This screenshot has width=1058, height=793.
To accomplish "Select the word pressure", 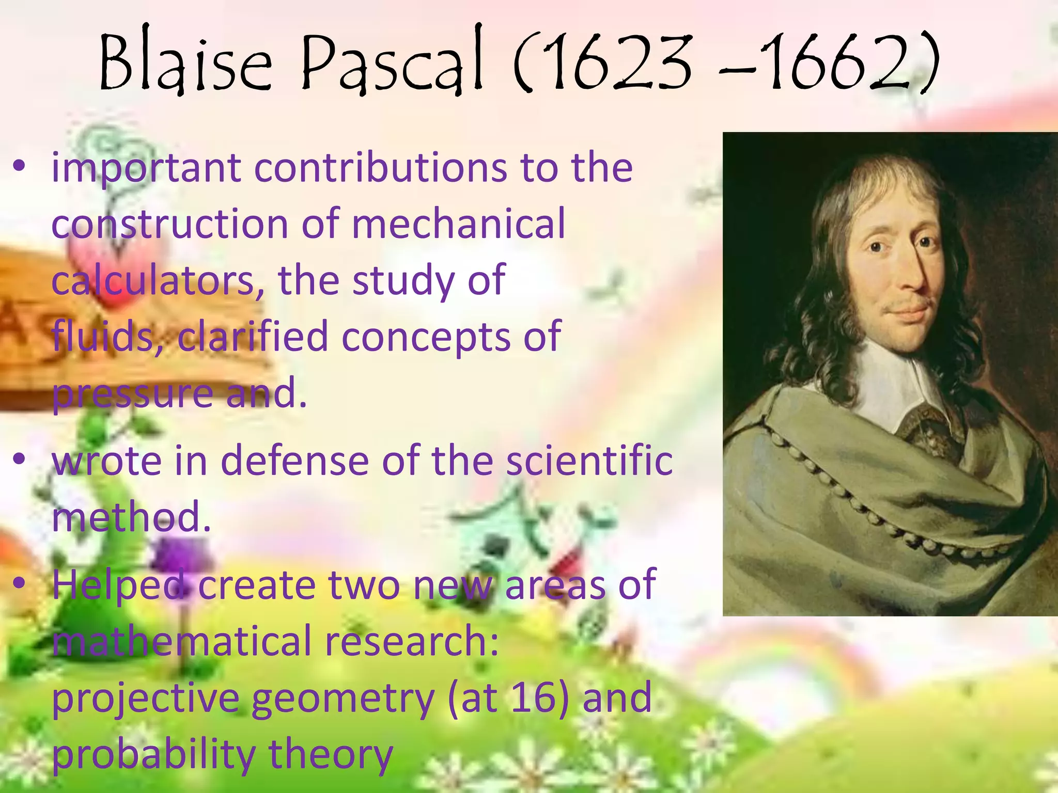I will click(132, 394).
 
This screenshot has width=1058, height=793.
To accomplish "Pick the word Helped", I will click(118, 585).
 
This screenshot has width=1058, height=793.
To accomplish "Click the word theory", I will click(331, 754).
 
